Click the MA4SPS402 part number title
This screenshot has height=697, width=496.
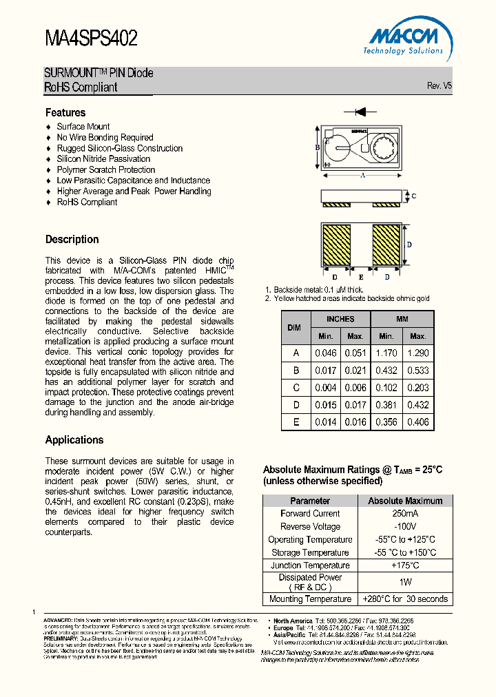tap(91, 38)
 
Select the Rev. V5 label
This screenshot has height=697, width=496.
tap(440, 86)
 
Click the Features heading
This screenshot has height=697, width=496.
tap(65, 112)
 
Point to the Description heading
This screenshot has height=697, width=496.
tap(72, 240)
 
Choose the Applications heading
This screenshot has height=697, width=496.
tap(74, 440)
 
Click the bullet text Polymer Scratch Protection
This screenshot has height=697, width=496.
tap(106, 169)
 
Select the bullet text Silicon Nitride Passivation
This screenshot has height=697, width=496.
tap(103, 159)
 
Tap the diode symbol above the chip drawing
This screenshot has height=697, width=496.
tap(360, 112)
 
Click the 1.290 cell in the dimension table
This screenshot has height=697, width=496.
tap(418, 353)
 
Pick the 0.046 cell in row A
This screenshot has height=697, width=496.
tap(326, 353)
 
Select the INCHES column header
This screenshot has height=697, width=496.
tap(340, 319)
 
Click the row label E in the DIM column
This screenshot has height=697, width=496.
tap(296, 422)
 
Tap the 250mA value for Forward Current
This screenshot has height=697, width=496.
tap(405, 514)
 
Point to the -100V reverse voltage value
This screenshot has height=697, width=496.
tap(405, 527)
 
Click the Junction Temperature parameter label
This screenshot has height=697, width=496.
tap(310, 565)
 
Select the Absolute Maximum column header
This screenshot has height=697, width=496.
tap(405, 501)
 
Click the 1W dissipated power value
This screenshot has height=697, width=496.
tap(405, 582)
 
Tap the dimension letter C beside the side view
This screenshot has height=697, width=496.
tap(413, 196)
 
